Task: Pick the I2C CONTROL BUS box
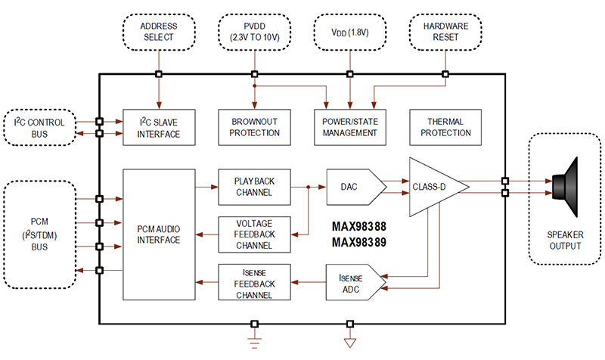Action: pyautogui.click(x=45, y=128)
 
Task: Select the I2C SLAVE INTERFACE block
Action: pyautogui.click(x=159, y=127)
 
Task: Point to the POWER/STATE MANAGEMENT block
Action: pyautogui.click(x=349, y=127)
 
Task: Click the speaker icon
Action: pyautogui.click(x=567, y=186)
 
